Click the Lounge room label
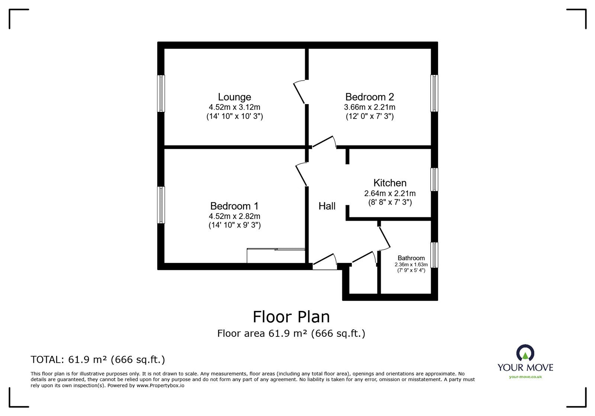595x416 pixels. point(234,97)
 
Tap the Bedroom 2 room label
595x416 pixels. point(369,97)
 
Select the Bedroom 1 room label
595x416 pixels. point(234,206)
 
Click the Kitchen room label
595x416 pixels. point(390,183)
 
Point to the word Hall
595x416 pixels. point(327,206)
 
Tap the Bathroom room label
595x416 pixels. point(411,258)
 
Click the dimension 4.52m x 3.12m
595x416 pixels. point(234,107)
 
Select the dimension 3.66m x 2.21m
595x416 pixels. point(369,107)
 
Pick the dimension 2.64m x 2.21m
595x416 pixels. point(390,193)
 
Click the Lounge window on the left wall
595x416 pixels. point(161,93)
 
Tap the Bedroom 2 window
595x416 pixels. point(434,93)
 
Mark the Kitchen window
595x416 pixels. point(434,180)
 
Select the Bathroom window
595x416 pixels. point(434,255)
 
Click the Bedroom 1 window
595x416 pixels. point(161,205)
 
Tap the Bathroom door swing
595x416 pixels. point(384,238)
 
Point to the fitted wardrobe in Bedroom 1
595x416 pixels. point(276,256)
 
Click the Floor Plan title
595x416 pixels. point(291,317)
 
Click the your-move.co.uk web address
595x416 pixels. point(525,377)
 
